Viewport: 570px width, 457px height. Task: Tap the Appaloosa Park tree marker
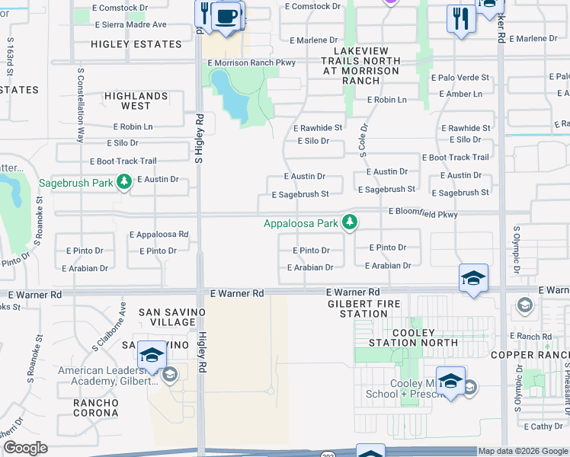point(350,222)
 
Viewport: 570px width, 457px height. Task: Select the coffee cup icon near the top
point(226,17)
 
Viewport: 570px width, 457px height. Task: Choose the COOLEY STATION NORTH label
point(414,337)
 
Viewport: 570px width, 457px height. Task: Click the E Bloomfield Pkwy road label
point(423,214)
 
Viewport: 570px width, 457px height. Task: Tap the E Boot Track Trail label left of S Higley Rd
point(123,161)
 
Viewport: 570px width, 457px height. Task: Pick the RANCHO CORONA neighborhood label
point(95,407)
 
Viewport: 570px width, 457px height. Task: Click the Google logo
point(24,448)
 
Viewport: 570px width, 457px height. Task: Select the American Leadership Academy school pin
point(152,356)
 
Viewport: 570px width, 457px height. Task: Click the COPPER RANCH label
point(529,355)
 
